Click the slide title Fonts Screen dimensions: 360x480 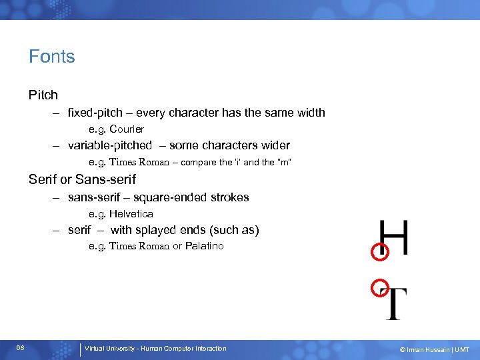(x=51, y=57)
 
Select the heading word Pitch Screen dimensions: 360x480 (x=43, y=95)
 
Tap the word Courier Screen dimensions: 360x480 (x=127, y=129)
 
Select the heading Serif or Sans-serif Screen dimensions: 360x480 (x=82, y=179)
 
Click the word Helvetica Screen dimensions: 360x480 (x=131, y=214)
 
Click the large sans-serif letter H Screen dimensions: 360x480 (x=393, y=238)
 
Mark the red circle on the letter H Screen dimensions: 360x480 (x=379, y=251)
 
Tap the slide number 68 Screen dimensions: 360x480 (x=21, y=349)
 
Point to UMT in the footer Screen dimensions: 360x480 (x=462, y=349)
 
